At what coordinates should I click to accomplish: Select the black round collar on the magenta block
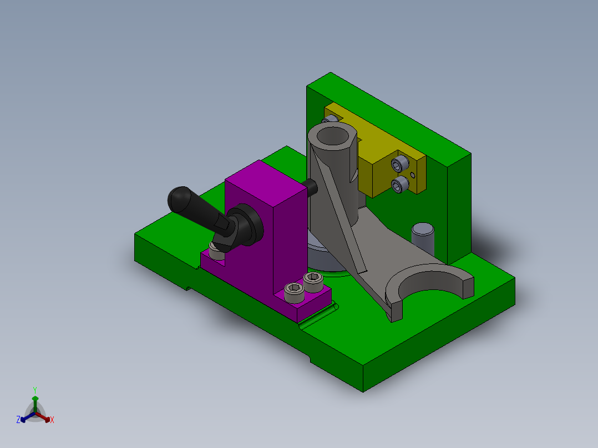(x=247, y=223)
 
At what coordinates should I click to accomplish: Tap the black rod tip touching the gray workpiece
(x=311, y=187)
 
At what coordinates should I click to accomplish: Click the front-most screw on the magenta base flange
(x=293, y=292)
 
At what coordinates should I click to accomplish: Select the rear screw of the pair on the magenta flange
(x=313, y=281)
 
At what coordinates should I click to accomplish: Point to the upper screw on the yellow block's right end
(x=399, y=164)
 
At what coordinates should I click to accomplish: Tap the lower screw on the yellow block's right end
(x=398, y=185)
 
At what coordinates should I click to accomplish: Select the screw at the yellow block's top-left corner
(x=332, y=119)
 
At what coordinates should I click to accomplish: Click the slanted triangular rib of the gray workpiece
(x=338, y=216)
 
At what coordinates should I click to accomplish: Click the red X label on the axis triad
(x=52, y=420)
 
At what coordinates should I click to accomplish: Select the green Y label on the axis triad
(x=34, y=389)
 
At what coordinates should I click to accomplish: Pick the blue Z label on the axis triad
(x=18, y=420)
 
